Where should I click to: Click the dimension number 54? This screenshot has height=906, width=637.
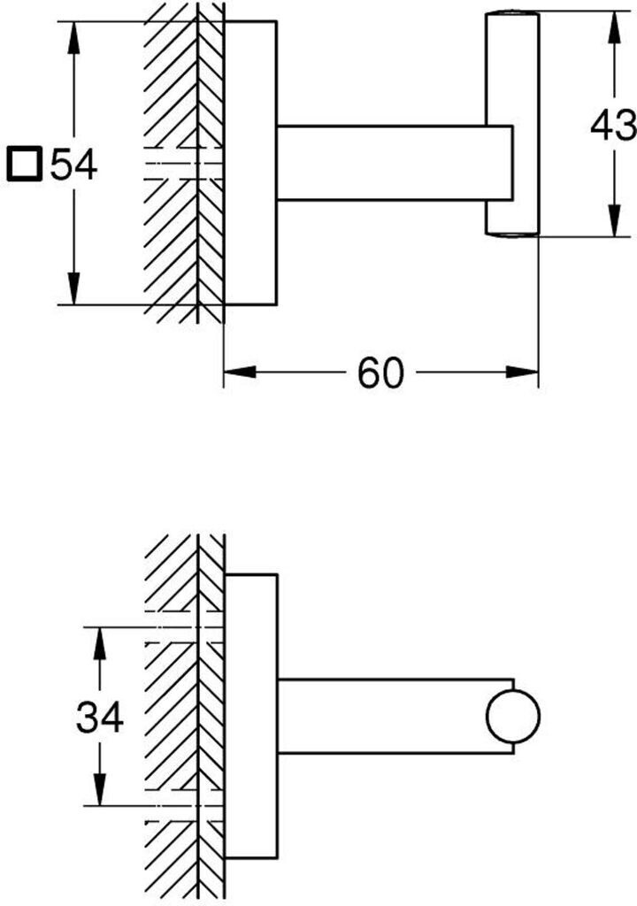click(74, 165)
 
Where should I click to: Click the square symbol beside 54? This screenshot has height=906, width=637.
click(24, 165)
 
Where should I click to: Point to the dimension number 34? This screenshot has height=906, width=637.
click(99, 717)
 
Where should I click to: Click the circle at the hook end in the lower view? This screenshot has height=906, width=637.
click(513, 717)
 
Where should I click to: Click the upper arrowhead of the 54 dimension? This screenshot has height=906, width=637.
click(73, 38)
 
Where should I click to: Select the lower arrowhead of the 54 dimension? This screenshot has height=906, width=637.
click(73, 288)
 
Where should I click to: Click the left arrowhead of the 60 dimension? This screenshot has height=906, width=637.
click(240, 372)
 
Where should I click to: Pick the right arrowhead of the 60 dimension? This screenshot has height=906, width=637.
click(522, 372)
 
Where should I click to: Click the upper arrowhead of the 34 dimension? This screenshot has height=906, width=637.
click(100, 643)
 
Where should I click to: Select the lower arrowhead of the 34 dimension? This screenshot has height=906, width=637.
click(100, 788)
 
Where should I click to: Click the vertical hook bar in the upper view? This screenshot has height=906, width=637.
click(512, 124)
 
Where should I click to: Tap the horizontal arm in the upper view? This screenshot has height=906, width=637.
click(395, 163)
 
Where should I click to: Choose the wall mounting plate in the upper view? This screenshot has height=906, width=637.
click(250, 163)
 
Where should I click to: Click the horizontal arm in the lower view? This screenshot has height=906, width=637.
click(395, 717)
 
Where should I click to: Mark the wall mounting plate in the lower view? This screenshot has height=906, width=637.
click(251, 717)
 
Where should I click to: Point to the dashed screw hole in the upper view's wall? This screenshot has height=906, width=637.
click(184, 163)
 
